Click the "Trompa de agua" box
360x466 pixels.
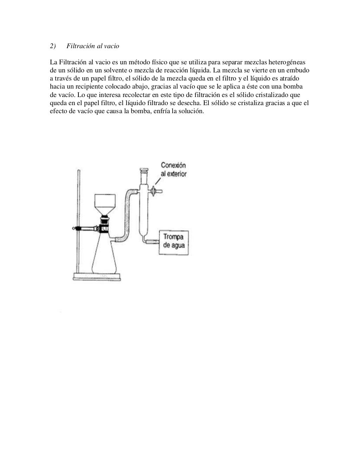tap(174, 241)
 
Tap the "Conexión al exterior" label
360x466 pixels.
tap(173, 169)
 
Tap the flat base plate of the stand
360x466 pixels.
tap(97, 277)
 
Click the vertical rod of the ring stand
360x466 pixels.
tap(79, 211)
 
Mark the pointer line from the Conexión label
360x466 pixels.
tap(158, 182)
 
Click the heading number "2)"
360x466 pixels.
tap(53, 46)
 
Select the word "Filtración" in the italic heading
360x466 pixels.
tap(81, 46)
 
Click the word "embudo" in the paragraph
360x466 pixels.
tap(298, 71)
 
